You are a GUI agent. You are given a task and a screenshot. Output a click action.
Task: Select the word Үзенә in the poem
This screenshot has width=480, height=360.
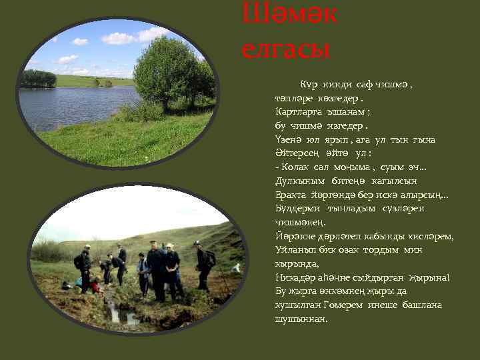288,139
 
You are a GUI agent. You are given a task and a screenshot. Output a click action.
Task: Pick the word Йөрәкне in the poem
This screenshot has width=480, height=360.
294,236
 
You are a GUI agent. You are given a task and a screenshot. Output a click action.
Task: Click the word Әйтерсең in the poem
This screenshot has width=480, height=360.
295,153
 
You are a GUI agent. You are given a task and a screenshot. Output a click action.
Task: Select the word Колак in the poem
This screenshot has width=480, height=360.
295,167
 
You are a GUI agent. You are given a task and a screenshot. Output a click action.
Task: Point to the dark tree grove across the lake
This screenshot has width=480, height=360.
38,79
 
